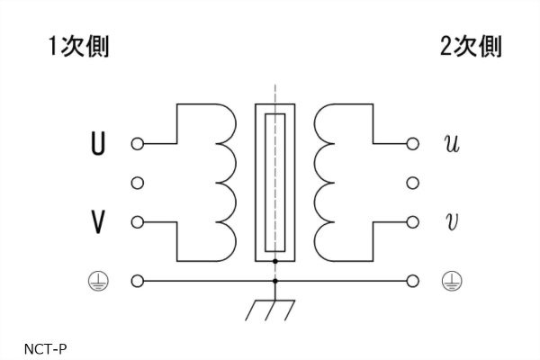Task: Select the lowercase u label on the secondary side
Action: [452, 143]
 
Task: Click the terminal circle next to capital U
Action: [137, 143]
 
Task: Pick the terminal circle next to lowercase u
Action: [413, 143]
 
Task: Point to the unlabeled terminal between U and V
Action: [137, 183]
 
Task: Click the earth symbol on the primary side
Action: [97, 282]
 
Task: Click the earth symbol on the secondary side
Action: [452, 282]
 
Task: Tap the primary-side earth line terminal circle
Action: [137, 282]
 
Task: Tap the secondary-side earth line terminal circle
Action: [413, 282]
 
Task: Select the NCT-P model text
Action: [47, 346]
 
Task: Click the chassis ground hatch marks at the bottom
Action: [267, 311]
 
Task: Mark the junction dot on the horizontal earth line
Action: [275, 282]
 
